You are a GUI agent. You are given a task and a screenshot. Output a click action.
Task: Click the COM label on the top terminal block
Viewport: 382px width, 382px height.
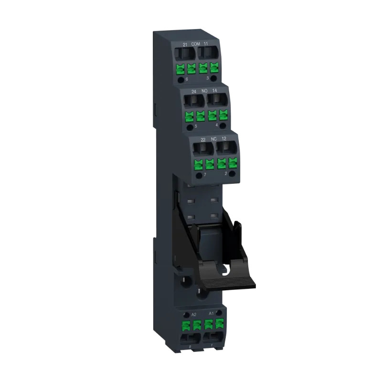coord(195,44)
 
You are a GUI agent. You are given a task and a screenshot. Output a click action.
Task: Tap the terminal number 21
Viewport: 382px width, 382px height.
coord(185,44)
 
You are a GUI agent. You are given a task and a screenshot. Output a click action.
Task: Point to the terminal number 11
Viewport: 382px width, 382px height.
coord(206,44)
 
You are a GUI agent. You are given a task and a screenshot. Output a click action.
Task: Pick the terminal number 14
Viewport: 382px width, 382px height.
coord(215,90)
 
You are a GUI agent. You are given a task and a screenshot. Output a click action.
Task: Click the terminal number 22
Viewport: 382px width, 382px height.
coord(203,139)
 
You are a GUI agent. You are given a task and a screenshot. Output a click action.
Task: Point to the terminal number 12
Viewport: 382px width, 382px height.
coord(224,138)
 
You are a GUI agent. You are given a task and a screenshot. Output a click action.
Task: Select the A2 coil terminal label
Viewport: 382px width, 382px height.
coord(194,315)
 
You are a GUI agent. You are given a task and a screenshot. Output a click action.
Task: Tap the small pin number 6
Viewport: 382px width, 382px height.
coord(187,80)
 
